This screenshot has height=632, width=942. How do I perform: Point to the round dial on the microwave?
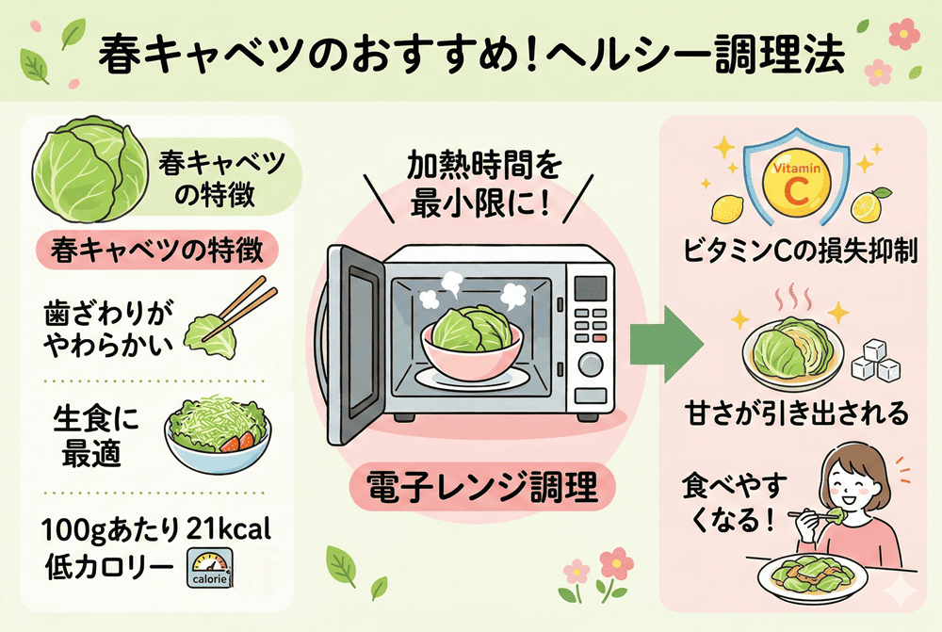590,364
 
